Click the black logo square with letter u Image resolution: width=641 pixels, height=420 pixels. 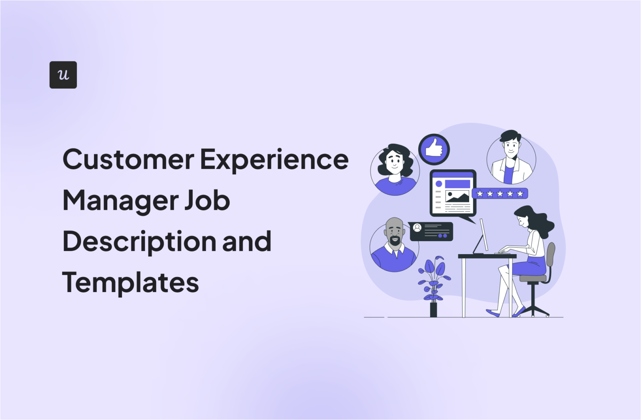tap(63, 75)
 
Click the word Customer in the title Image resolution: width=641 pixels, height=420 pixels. tap(128, 160)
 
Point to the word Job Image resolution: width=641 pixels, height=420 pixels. tap(207, 201)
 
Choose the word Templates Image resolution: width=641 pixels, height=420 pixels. tap(130, 283)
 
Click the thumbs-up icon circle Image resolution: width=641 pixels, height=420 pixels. tap(434, 149)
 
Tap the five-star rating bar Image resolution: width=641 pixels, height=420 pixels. tap(500, 193)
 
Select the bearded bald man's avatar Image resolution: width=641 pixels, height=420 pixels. tap(394, 247)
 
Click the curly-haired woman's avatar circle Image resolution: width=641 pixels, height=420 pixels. tap(395, 170)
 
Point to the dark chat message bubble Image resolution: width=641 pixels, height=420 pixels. tap(431, 231)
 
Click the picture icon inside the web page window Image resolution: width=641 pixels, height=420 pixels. tap(457, 196)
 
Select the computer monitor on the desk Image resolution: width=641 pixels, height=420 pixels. tap(483, 235)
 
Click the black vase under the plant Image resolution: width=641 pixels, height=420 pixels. tap(434, 310)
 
